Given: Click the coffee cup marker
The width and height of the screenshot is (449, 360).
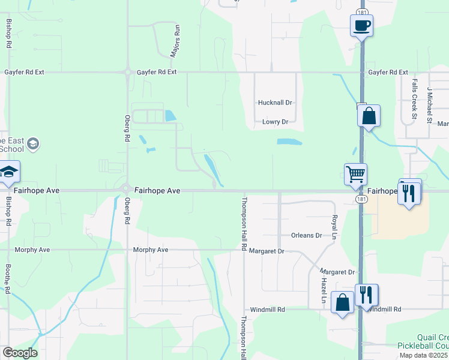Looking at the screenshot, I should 361,26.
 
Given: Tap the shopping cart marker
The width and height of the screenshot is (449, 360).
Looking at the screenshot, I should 355,174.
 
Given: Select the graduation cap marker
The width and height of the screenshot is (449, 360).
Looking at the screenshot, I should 9,172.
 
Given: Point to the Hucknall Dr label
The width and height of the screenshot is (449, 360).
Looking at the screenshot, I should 274,103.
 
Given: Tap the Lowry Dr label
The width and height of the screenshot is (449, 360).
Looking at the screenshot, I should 275,122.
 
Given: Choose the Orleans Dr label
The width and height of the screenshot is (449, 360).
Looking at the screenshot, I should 306,235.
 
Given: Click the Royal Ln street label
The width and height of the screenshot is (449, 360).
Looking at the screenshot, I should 334,227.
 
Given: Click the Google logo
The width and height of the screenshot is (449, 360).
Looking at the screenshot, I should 20,353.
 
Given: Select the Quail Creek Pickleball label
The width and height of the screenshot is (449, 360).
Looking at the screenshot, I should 423,342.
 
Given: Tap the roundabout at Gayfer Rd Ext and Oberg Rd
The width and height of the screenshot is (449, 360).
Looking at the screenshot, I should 127,72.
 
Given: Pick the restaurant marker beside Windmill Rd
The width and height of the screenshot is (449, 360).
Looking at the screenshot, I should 366,295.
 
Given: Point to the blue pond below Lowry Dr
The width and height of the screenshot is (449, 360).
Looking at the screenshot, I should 289,142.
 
